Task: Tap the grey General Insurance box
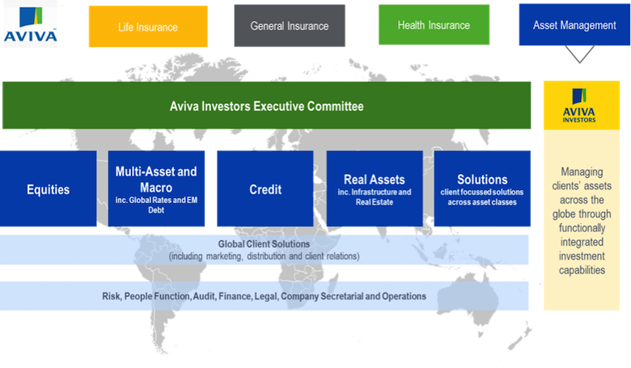pyautogui.click(x=289, y=26)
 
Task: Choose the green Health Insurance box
pyautogui.click(x=433, y=26)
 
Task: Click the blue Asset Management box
pyautogui.click(x=574, y=26)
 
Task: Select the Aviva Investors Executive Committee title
pyautogui.click(x=267, y=106)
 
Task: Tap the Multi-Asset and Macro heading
pyautogui.click(x=156, y=178)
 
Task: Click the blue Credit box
pyautogui.click(x=265, y=190)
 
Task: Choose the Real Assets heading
pyautogui.click(x=375, y=180)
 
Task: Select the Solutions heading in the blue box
pyautogui.click(x=482, y=180)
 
